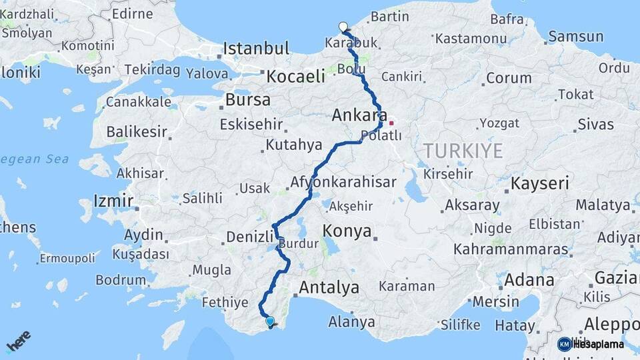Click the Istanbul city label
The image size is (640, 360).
[256, 48]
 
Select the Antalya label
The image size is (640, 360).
[329, 288]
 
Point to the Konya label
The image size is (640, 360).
[347, 231]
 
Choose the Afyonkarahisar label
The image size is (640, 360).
[343, 182]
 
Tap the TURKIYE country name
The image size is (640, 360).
[461, 151]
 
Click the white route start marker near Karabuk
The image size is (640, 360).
[343, 27]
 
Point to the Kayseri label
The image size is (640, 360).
[540, 183]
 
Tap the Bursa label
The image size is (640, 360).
[248, 100]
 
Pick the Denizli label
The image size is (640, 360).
[251, 237]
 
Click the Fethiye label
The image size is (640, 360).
[225, 302]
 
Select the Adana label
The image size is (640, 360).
[529, 279]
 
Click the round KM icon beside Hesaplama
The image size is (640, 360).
[564, 344]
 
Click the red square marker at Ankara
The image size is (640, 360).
[391, 123]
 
